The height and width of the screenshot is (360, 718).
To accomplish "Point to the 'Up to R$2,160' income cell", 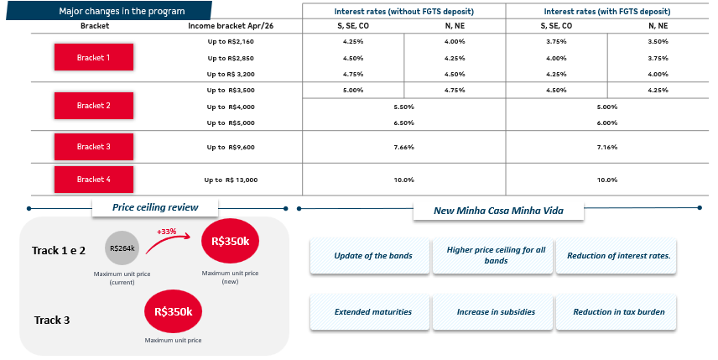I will (231, 41).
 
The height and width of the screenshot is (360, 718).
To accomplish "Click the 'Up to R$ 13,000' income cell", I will (231, 180).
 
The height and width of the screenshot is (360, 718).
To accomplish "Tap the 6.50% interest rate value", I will (403, 123).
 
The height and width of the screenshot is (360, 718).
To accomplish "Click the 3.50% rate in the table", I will (658, 41).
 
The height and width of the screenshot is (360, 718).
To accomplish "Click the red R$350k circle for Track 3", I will (174, 311).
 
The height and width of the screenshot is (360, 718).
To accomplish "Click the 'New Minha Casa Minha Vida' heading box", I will (498, 211).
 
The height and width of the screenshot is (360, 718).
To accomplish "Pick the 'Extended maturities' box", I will (372, 311).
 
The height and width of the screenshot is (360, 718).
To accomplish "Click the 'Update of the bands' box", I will (372, 255).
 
